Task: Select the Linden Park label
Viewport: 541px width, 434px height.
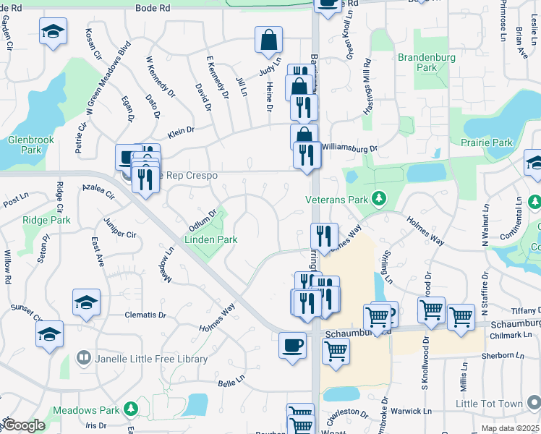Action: coord(211,239)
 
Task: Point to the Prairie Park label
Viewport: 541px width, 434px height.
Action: coord(486,142)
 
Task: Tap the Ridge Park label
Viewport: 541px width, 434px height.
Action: coord(46,219)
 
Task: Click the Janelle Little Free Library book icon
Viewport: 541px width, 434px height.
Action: coord(84,358)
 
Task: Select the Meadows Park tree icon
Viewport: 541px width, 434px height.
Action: coord(131,409)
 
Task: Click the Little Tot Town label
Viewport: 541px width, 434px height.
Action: coord(490,404)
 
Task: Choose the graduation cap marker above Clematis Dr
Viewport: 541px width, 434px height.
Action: coord(86,302)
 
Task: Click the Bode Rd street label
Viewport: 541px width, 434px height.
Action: coord(153,7)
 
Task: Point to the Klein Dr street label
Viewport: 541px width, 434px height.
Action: coord(181,131)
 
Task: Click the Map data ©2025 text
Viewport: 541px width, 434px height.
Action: coord(511,427)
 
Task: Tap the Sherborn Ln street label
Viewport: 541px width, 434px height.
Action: coord(506,355)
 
